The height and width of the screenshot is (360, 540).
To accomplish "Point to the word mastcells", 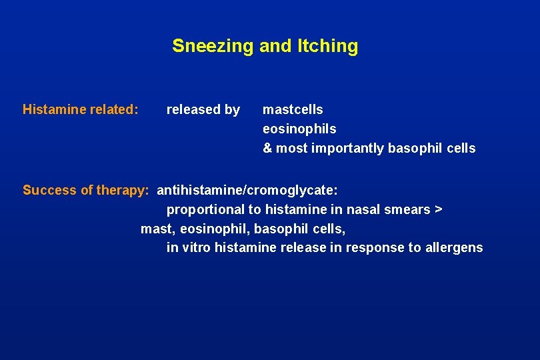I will point(293,109).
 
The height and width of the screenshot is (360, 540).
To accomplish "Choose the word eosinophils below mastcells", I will point(299,129).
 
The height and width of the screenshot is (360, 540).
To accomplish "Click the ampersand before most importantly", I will point(267,148).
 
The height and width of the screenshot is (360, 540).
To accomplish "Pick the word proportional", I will point(205,209).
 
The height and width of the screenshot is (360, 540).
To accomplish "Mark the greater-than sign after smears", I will point(438,209).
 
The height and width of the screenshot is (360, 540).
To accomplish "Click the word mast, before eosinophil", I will point(156,229).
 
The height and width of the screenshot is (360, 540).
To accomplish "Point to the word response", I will point(375,248).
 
